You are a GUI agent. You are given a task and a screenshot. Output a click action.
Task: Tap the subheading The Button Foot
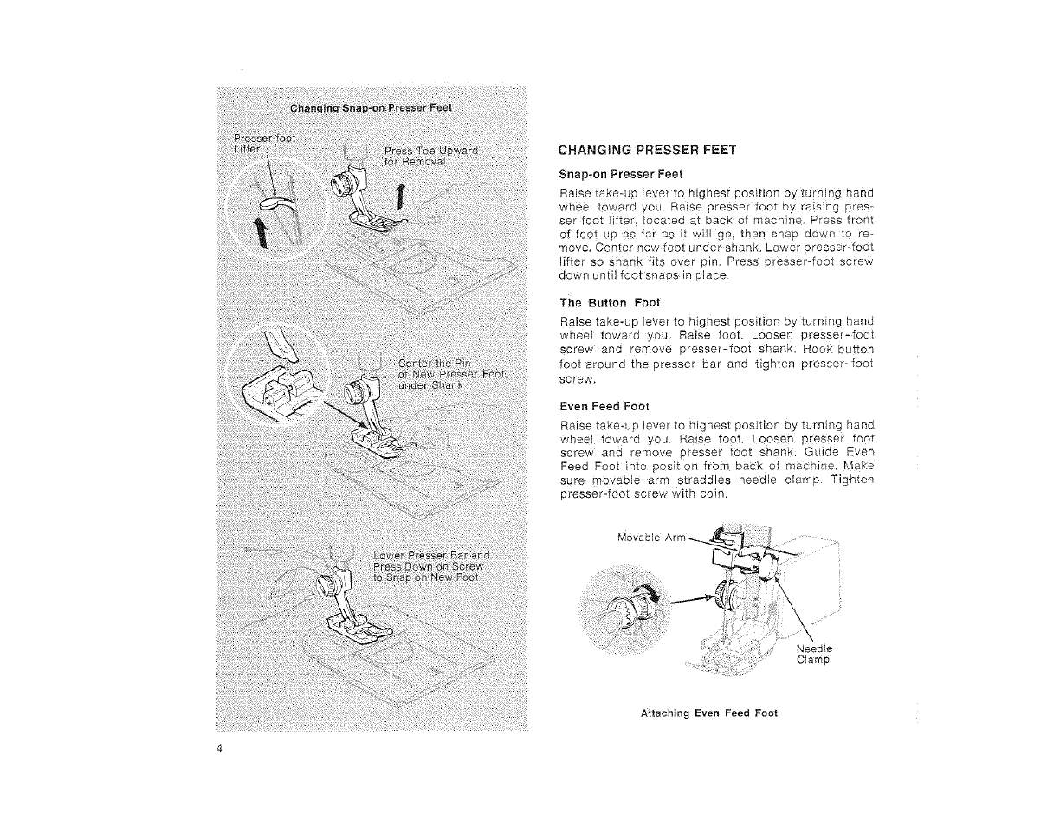(x=610, y=302)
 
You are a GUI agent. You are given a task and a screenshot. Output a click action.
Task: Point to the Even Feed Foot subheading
(x=604, y=405)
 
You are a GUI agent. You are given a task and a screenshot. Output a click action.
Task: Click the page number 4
(x=222, y=750)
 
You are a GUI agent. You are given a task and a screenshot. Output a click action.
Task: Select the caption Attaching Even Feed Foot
(x=708, y=713)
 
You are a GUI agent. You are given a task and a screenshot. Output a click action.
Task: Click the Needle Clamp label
(x=814, y=654)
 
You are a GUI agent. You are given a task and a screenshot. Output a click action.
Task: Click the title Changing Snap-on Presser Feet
(x=372, y=108)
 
